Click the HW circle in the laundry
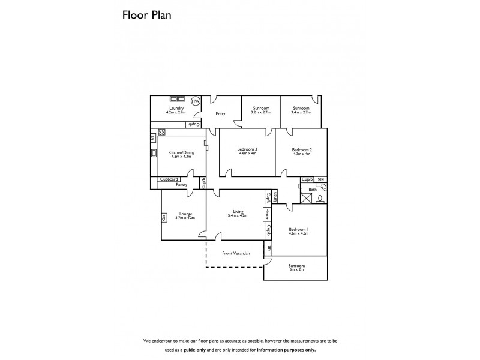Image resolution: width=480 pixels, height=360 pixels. pyautogui.click(x=196, y=101)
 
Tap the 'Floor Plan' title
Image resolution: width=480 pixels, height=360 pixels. pyautogui.click(x=146, y=16)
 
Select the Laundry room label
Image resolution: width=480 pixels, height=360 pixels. pyautogui.click(x=176, y=107)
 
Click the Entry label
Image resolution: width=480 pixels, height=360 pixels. pyautogui.click(x=221, y=113)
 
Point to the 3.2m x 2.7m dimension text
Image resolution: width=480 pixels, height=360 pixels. pyautogui.click(x=261, y=112)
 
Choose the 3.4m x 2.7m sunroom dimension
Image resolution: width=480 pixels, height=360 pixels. pyautogui.click(x=301, y=112)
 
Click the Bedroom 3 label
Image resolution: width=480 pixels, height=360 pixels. pyautogui.click(x=247, y=149)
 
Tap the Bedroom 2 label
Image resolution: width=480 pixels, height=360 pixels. pyautogui.click(x=302, y=149)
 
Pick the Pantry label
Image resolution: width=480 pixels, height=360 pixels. pyautogui.click(x=181, y=185)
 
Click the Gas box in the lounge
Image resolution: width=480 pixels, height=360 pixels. pyautogui.click(x=164, y=218)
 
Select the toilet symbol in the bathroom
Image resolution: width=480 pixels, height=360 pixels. pyautogui.click(x=320, y=198)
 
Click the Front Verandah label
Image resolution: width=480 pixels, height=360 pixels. pyautogui.click(x=235, y=253)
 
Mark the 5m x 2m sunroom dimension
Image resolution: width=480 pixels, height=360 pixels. pyautogui.click(x=296, y=270)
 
